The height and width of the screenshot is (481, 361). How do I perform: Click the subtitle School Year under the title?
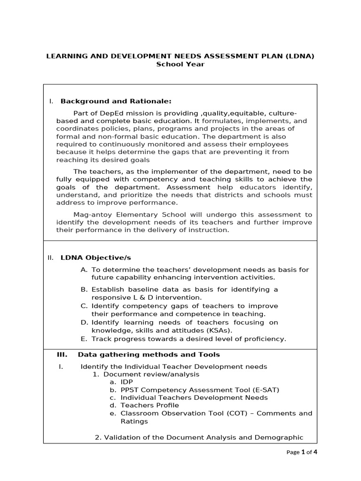[x=180, y=64]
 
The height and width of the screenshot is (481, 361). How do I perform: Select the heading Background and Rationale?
[x=116, y=101]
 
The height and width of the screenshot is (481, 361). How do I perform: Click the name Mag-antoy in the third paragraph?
[x=90, y=215]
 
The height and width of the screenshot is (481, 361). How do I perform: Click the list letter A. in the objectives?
[x=84, y=270]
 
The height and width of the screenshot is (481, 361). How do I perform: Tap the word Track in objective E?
[x=101, y=339]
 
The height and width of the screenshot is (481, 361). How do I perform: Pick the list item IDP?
[x=127, y=382]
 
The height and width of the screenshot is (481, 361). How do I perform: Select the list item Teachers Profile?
[x=149, y=405]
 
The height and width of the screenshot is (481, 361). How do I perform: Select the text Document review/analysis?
[x=151, y=374]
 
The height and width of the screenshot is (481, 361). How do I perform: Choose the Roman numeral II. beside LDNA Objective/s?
[x=51, y=257]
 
